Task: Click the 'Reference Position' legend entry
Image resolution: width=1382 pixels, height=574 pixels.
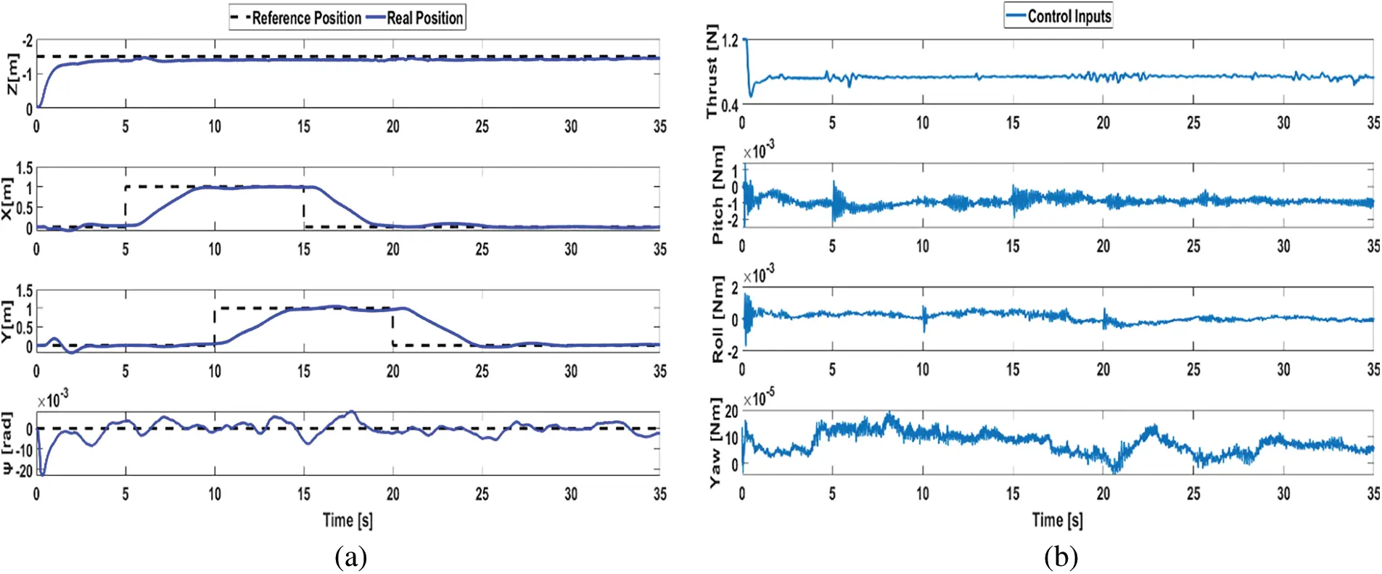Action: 305,18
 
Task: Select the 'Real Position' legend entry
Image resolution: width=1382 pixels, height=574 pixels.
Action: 424,18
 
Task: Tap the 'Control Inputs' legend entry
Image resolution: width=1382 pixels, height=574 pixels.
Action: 1069,16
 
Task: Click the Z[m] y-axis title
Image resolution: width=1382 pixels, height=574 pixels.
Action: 12,73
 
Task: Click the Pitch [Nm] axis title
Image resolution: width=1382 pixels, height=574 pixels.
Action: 717,194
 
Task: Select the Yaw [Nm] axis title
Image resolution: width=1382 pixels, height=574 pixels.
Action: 715,442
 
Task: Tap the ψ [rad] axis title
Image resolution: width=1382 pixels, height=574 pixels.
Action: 7,443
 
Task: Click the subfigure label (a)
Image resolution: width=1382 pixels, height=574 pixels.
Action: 351,557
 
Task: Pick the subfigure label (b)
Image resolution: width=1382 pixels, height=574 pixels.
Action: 1061,557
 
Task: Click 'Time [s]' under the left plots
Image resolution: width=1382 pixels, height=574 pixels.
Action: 347,520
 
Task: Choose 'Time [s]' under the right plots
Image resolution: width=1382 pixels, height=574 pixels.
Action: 1057,520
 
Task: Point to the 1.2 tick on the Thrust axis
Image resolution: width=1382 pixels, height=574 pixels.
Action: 730,41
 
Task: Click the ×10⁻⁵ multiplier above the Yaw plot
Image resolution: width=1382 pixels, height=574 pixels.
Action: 758,398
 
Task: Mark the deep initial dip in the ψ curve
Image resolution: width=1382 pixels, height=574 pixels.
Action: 42,474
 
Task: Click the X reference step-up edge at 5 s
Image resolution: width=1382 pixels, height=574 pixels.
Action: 126,207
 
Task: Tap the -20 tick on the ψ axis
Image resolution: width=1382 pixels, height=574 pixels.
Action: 25,471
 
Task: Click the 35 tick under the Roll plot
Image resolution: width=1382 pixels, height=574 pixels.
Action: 1373,369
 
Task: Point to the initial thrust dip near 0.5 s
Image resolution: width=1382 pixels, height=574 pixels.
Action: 751,94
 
